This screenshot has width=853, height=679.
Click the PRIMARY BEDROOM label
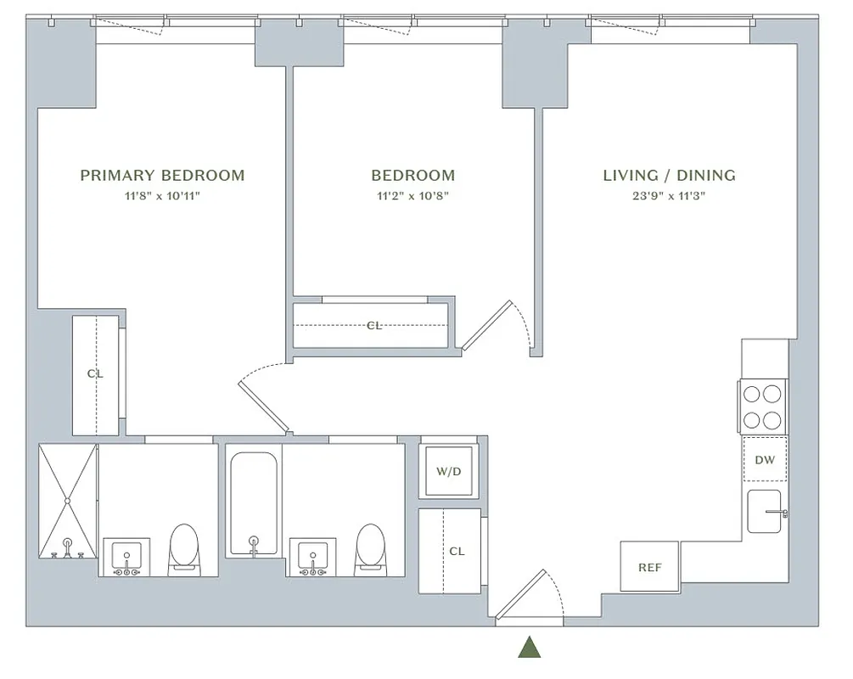click(162, 176)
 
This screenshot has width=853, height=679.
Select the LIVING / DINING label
click(669, 176)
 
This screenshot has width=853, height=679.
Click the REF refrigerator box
click(649, 567)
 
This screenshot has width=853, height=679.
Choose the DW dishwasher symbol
click(765, 460)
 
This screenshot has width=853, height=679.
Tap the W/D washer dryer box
click(448, 471)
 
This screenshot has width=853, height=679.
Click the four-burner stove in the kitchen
click(762, 407)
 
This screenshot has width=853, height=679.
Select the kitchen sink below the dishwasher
click(765, 512)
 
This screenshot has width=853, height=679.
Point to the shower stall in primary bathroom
click(68, 501)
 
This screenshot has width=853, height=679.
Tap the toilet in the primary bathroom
click(184, 548)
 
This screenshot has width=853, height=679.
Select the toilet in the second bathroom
click(370, 548)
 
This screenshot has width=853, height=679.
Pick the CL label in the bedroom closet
click(374, 325)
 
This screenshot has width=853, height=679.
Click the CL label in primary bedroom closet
click(95, 373)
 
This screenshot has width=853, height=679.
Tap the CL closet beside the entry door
click(456, 551)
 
